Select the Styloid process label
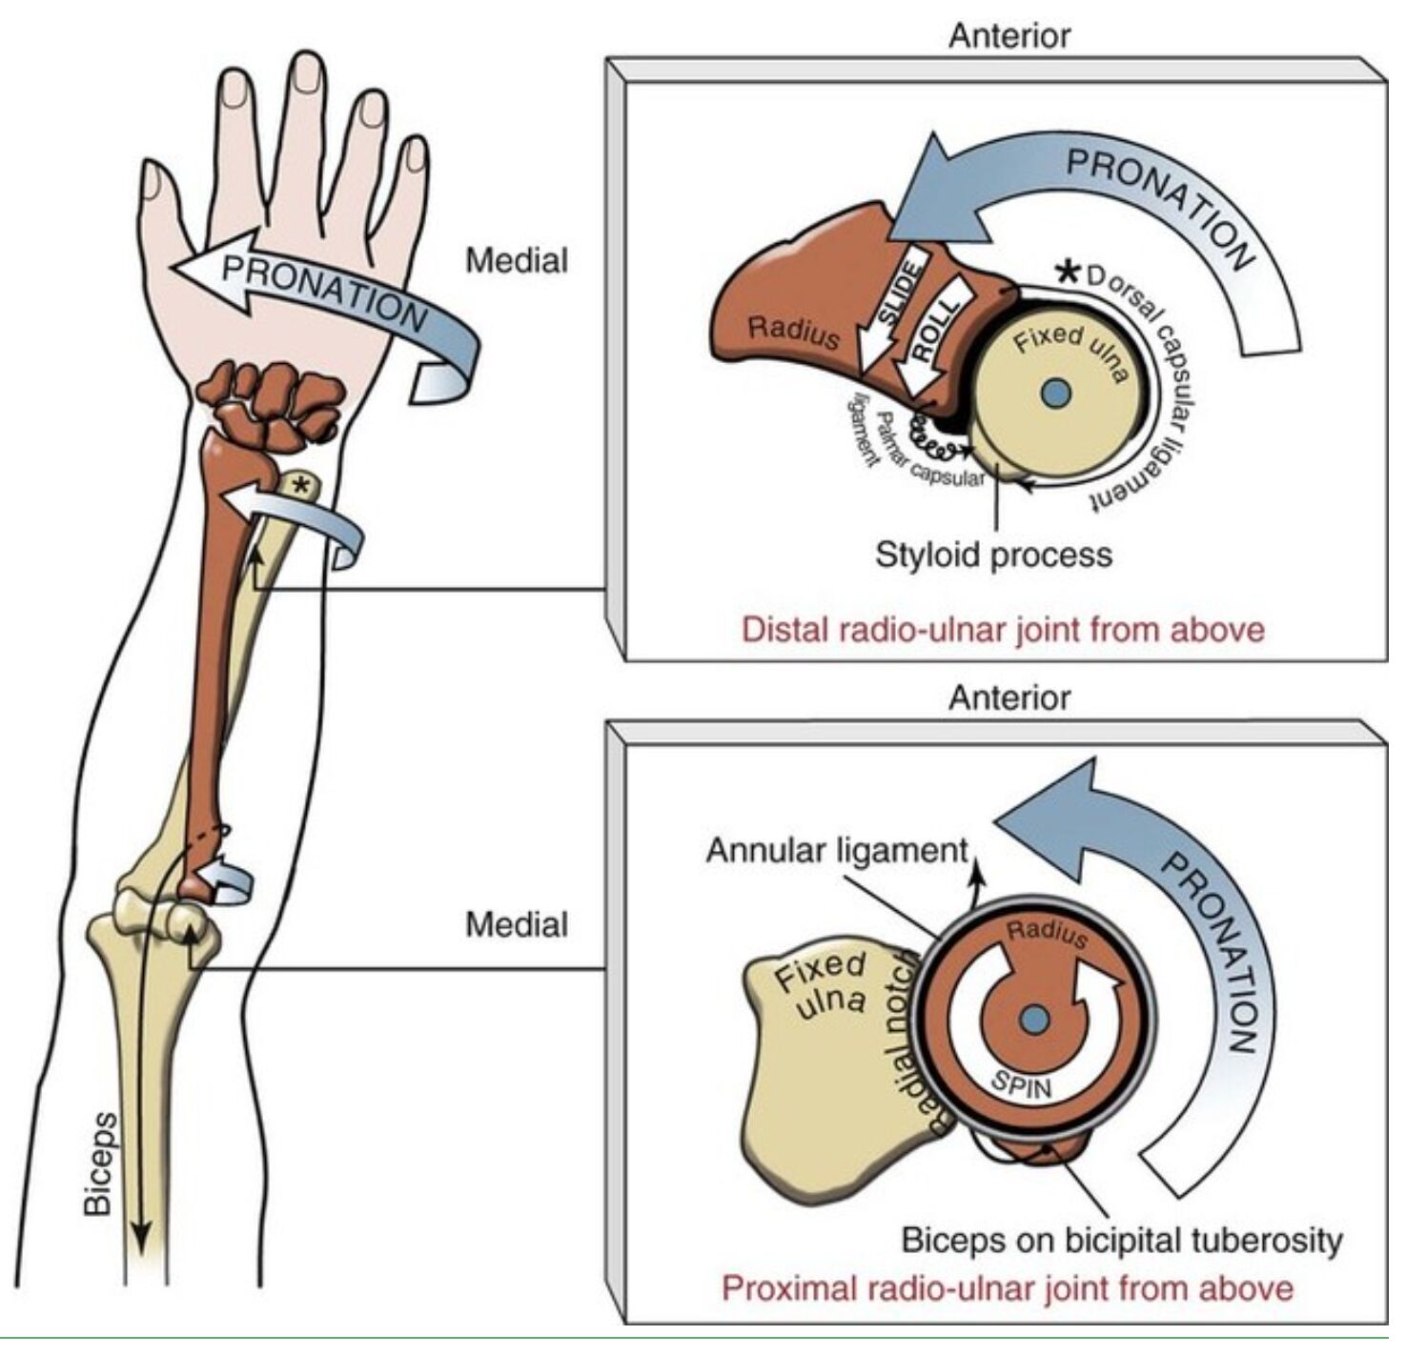click(x=993, y=555)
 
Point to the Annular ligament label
click(x=837, y=850)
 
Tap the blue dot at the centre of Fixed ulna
click(x=1055, y=393)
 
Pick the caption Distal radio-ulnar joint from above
click(x=1003, y=630)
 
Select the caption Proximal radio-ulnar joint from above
click(x=1008, y=1288)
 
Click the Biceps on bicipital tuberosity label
click(x=1122, y=1241)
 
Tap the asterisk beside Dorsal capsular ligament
click(x=1069, y=273)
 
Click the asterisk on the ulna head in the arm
click(x=300, y=487)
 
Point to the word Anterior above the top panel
click(x=1009, y=35)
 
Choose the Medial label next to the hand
click(x=517, y=260)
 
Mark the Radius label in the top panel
click(x=793, y=332)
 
